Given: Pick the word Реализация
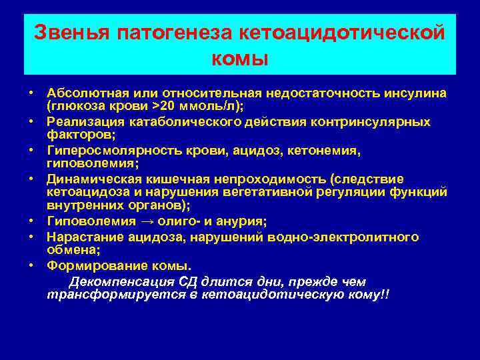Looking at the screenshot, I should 83,122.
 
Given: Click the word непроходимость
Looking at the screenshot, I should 275,180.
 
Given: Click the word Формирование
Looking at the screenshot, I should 91,265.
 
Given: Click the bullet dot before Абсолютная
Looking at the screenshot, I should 31,93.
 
